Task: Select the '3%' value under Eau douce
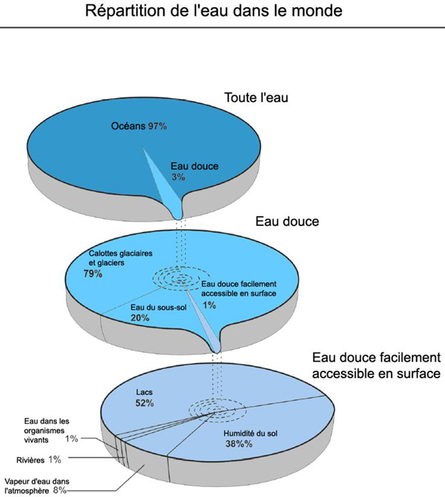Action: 178,177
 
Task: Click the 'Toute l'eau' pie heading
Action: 257,98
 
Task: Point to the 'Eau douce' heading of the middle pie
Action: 287,221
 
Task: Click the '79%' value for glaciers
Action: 92,274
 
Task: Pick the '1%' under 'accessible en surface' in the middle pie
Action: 209,305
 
